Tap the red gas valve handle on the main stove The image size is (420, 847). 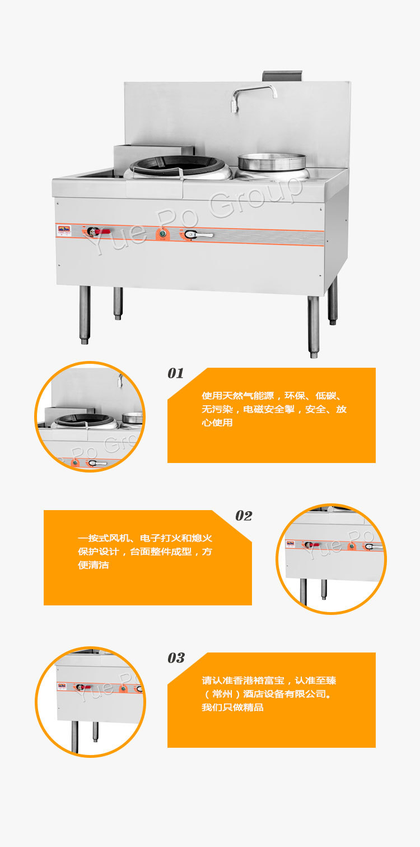point(102,231)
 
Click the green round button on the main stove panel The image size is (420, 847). point(163,234)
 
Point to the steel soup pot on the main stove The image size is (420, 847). point(272,162)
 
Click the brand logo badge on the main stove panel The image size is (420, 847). point(64,228)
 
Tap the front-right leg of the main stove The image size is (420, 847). point(313,327)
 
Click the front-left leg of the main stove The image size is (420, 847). point(85,314)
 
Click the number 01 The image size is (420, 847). point(176,373)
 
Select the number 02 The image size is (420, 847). point(244,516)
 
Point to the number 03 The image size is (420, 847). point(176,658)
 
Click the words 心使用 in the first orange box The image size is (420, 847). point(217,422)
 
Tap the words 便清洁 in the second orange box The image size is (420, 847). point(94,565)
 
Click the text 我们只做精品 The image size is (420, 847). point(232,707)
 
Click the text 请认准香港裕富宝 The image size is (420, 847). point(243,681)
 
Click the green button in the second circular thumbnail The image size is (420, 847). point(351,546)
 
